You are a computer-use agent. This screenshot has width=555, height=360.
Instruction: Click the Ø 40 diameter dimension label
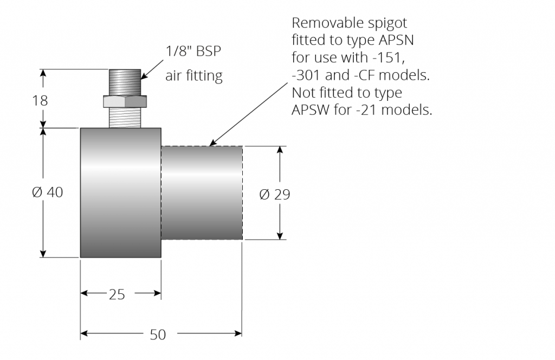click(48, 192)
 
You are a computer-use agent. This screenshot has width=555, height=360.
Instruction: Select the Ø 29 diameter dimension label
click(275, 194)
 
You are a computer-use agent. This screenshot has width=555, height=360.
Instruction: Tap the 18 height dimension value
click(40, 101)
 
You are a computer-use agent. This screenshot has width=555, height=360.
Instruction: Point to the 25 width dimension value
click(117, 294)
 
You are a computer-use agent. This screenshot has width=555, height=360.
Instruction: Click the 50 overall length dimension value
click(157, 335)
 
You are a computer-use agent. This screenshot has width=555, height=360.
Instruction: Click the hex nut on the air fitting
click(125, 101)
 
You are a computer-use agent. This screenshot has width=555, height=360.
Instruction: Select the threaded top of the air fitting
click(125, 82)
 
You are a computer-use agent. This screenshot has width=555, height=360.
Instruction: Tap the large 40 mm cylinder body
click(120, 192)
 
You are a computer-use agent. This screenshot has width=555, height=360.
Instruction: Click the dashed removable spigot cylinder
click(202, 192)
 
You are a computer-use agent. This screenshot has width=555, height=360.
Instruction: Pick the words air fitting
click(194, 76)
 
